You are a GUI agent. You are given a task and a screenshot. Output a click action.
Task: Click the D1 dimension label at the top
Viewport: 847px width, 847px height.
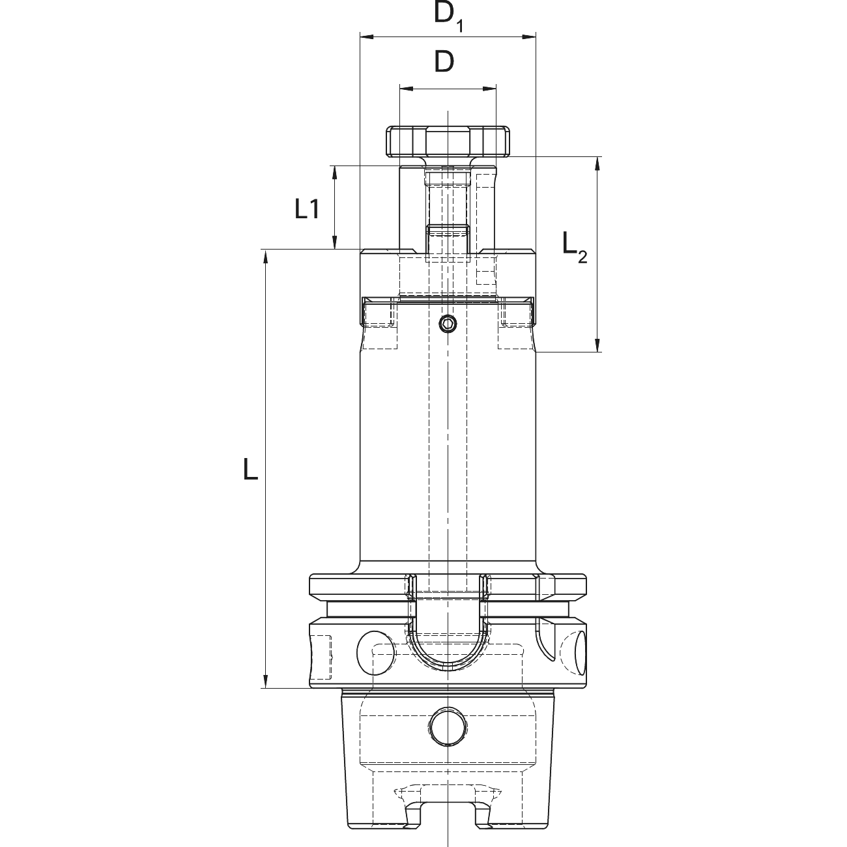(x=448, y=17)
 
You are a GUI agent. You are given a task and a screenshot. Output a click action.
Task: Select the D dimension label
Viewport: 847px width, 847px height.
(x=444, y=62)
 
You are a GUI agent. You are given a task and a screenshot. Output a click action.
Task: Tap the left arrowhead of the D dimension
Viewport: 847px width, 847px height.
(x=407, y=89)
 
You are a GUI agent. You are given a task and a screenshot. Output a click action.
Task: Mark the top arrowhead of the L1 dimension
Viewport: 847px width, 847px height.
(x=335, y=173)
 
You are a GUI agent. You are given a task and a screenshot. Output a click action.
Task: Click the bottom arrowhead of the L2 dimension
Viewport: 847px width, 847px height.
(x=597, y=345)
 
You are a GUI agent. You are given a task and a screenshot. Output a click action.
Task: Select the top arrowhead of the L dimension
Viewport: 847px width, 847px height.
(x=265, y=257)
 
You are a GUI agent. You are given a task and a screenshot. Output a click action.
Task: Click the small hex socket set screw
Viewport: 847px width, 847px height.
(x=448, y=324)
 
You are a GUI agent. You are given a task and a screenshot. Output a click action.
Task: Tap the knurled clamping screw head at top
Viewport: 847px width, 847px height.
(x=448, y=141)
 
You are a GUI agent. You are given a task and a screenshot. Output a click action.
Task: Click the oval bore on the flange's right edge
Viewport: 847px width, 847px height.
(x=581, y=653)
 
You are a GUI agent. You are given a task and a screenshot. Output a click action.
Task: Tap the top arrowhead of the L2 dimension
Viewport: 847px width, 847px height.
(x=597, y=164)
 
